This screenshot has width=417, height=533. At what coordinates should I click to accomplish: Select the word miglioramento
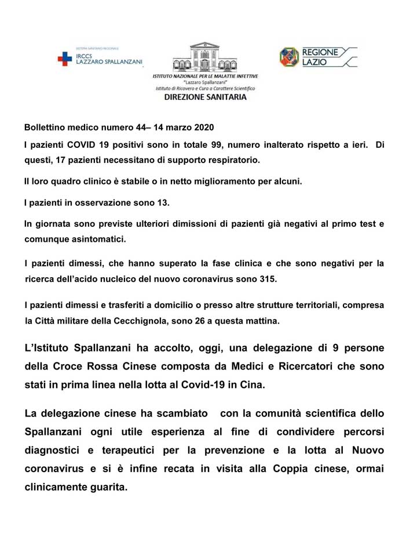pyautogui.click(x=219, y=181)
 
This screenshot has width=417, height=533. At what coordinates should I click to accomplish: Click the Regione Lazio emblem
pyautogui.click(x=289, y=57)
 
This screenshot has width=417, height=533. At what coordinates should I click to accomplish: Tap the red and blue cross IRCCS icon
pyautogui.click(x=64, y=58)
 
